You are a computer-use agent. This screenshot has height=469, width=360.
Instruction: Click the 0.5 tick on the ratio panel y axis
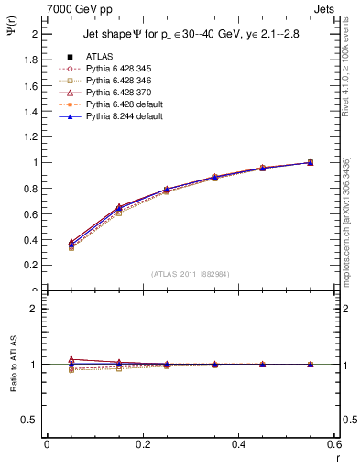(30, 420)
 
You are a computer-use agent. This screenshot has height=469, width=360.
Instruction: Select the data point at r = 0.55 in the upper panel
(310, 162)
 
